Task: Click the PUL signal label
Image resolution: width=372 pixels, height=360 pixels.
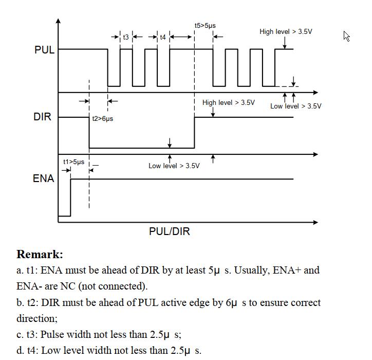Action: pyautogui.click(x=44, y=50)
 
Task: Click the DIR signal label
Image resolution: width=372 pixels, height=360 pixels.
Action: pyautogui.click(x=43, y=117)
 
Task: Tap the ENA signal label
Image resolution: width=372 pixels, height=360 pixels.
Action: pyautogui.click(x=43, y=178)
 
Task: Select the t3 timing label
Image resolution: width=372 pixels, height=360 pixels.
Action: pyautogui.click(x=126, y=37)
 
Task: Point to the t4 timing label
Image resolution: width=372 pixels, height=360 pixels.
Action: pyautogui.click(x=163, y=37)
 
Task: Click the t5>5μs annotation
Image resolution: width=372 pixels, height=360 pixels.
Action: pyautogui.click(x=205, y=26)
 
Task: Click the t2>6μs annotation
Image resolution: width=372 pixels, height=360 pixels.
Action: pyautogui.click(x=102, y=118)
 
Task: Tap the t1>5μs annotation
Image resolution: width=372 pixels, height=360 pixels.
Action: pyautogui.click(x=74, y=161)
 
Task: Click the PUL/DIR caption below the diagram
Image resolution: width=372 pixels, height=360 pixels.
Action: pyautogui.click(x=170, y=231)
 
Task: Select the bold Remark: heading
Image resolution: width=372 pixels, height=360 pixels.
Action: pyautogui.click(x=40, y=254)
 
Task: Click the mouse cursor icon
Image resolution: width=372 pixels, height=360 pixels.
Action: pyautogui.click(x=346, y=37)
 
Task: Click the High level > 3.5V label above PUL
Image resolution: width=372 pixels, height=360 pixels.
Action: pyautogui.click(x=286, y=31)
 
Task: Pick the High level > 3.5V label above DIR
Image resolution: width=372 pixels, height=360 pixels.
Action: pyautogui.click(x=229, y=102)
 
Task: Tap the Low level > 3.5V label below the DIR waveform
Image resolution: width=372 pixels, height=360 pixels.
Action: pyautogui.click(x=174, y=166)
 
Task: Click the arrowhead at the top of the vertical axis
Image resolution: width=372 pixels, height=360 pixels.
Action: pyautogui.click(x=59, y=21)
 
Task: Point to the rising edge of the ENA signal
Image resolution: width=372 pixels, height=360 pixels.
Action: pyautogui.click(x=70, y=197)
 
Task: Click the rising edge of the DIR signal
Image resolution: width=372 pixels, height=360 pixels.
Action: pyautogui.click(x=194, y=133)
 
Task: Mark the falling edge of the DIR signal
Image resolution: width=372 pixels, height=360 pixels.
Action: pyautogui.click(x=89, y=133)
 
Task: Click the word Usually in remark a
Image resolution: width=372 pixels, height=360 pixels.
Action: pyautogui.click(x=252, y=271)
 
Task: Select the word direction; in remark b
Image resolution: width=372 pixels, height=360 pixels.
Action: pyautogui.click(x=37, y=319)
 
